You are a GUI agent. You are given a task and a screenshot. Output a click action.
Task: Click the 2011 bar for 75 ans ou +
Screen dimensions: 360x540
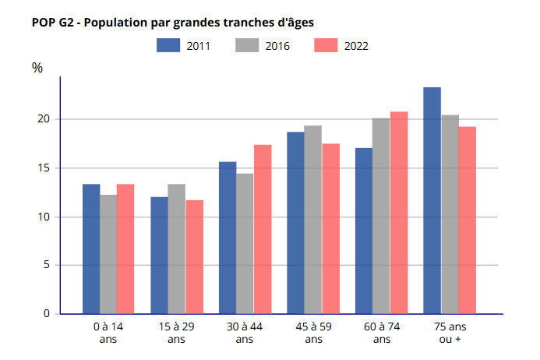tap(432, 200)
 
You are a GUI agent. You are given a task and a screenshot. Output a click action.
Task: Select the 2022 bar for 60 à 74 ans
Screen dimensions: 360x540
tap(399, 213)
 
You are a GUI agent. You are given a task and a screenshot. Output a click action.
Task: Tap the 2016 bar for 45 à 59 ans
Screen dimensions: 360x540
tap(312, 220)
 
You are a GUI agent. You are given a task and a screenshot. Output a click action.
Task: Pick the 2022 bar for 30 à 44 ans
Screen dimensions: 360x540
tap(263, 229)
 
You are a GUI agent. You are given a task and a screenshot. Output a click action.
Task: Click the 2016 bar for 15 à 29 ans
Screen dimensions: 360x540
tap(176, 249)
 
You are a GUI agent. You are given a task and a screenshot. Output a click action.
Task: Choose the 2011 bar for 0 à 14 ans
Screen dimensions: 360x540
tap(91, 249)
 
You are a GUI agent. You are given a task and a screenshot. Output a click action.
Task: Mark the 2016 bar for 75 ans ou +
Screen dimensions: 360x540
tap(450, 214)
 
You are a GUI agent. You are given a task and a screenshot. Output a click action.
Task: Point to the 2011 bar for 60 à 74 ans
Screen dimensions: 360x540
tap(364, 231)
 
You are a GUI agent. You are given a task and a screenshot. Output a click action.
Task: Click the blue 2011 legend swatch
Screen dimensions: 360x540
tap(168, 45)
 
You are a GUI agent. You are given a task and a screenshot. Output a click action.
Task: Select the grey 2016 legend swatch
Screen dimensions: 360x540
tap(247, 45)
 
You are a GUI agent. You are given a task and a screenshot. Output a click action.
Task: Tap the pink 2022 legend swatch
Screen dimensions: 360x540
tap(326, 45)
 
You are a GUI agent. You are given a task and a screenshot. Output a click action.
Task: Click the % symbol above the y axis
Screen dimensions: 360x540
tap(37, 68)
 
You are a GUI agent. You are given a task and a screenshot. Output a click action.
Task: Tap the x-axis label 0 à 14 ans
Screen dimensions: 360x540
tap(108, 333)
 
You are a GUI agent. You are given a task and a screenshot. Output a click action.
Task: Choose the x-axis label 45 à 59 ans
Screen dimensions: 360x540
tap(312, 333)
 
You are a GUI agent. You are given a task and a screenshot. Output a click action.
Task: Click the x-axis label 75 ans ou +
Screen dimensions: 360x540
tap(450, 333)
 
